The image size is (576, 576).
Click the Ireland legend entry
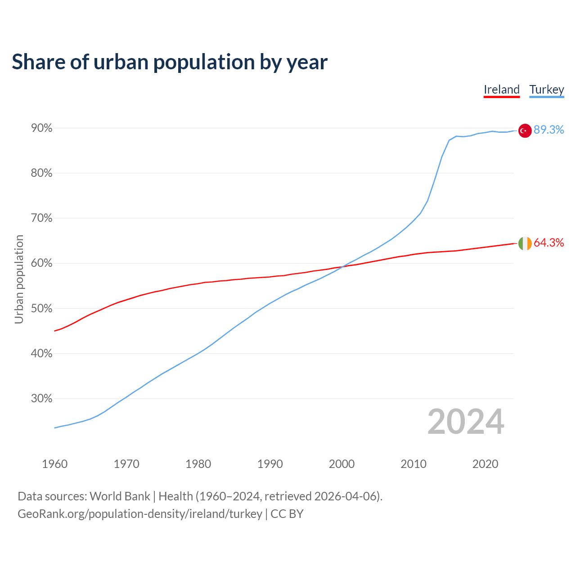click(502, 90)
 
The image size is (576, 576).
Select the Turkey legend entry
click(547, 90)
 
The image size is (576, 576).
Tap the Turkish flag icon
click(525, 130)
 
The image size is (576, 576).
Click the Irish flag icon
click(525, 243)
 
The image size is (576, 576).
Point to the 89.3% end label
click(549, 130)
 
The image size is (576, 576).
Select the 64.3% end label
click(549, 243)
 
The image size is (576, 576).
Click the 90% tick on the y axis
click(41, 128)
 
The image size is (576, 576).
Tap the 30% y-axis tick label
click(41, 399)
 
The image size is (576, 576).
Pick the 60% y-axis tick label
click(41, 263)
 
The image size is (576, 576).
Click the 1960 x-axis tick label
click(54, 464)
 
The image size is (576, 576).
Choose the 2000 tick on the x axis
click(342, 464)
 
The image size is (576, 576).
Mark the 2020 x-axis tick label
click(485, 464)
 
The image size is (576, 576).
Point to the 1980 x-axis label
click(198, 464)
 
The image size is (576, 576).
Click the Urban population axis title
click(19, 279)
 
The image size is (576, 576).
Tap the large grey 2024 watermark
click(466, 422)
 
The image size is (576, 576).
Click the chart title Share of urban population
click(170, 62)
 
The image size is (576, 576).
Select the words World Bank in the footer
click(120, 496)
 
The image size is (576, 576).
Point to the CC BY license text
click(287, 514)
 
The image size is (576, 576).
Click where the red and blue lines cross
click(341, 267)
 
